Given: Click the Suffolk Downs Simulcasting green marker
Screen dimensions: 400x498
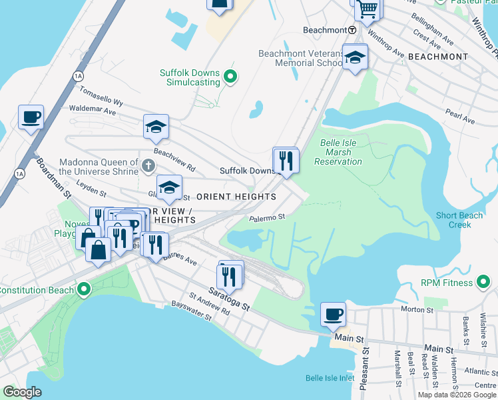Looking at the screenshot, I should (230, 77).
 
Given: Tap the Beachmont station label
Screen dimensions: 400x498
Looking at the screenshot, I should (324, 30).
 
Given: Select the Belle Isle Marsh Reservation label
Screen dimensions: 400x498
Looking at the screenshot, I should (338, 152).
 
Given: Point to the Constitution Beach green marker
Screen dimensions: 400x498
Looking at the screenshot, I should (83, 289).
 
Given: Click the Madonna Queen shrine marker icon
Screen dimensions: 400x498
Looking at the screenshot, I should (148, 165).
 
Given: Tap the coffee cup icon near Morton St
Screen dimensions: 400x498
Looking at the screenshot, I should (333, 313).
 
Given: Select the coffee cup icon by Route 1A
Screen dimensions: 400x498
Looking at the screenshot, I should (31, 118).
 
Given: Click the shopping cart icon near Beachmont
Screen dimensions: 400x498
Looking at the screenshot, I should (367, 9).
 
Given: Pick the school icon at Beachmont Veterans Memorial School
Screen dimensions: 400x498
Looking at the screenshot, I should (356, 58).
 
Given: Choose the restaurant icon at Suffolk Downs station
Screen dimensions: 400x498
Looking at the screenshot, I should (286, 161).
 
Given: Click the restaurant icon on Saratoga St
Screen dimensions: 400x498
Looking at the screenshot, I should (230, 275).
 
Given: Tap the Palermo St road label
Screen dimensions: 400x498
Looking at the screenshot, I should (268, 217).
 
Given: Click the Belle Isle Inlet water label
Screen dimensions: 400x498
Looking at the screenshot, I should (330, 378).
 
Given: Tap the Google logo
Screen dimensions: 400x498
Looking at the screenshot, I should (23, 392).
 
